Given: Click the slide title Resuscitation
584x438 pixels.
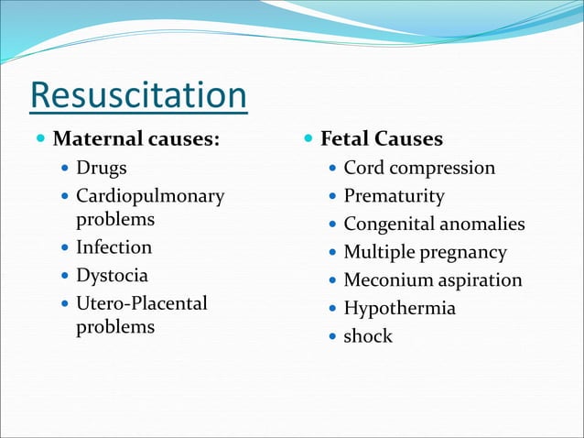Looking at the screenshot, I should pos(138,96).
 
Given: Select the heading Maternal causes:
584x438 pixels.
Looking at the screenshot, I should pos(136,140).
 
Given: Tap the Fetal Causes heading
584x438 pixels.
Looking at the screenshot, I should pos(381,139).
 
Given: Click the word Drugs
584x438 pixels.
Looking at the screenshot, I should pos(101,169).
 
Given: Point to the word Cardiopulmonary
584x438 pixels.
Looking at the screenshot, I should pos(149,196).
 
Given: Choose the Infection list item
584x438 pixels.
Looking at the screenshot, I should pos(114,247).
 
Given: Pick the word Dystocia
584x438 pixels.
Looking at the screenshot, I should pos(112,275).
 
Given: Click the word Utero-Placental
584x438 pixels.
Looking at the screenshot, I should pos(142,303).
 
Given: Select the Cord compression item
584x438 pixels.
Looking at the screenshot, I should pos(419,169).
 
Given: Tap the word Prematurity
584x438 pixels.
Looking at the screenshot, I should pos(394,196).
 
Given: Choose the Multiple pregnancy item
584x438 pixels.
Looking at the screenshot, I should pos(425,252).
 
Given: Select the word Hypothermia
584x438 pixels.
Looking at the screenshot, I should pos(399,308).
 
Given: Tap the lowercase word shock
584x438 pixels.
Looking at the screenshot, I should pos(367,336).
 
